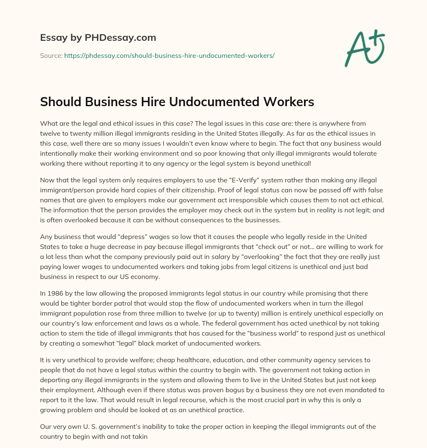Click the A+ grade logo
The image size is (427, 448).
click(364, 48)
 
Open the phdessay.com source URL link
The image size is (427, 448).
click(169, 55)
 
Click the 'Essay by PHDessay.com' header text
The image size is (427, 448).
click(98, 38)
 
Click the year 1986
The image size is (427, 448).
click(55, 293)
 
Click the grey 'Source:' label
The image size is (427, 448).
click(51, 55)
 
